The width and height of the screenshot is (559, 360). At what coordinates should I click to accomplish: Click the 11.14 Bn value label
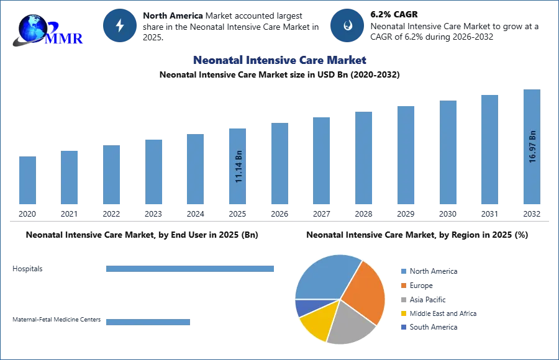pyautogui.click(x=239, y=167)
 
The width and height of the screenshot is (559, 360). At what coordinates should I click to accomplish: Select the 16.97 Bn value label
pyautogui.click(x=532, y=146)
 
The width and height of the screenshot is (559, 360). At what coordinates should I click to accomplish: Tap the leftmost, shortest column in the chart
pyautogui.click(x=27, y=181)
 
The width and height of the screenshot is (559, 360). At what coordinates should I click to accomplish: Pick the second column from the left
pyautogui.click(x=69, y=178)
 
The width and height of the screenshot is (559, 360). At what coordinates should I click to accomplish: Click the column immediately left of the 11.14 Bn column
pyautogui.click(x=194, y=171)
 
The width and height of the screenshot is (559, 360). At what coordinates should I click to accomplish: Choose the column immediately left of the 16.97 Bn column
pyautogui.click(x=489, y=151)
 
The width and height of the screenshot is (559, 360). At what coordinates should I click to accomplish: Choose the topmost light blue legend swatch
pyautogui.click(x=402, y=272)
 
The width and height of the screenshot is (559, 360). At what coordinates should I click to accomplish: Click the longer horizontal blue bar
pyautogui.click(x=191, y=268)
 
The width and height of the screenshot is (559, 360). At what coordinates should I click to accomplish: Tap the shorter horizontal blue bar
pyautogui.click(x=148, y=322)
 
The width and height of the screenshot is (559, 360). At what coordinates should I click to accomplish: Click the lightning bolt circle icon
pyautogui.click(x=120, y=25)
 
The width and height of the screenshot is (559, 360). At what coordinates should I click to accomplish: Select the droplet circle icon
pyautogui.click(x=347, y=25)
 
